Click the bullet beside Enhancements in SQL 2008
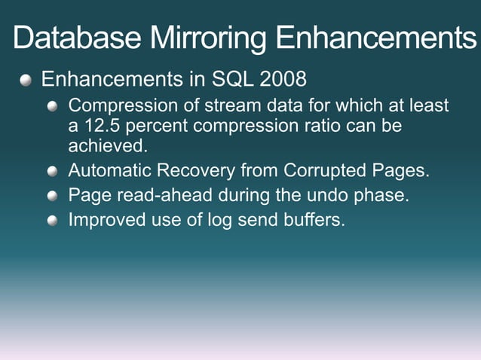(26, 80)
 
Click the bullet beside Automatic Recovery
(52, 171)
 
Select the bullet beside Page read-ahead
(52, 197)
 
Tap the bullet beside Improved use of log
(52, 221)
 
